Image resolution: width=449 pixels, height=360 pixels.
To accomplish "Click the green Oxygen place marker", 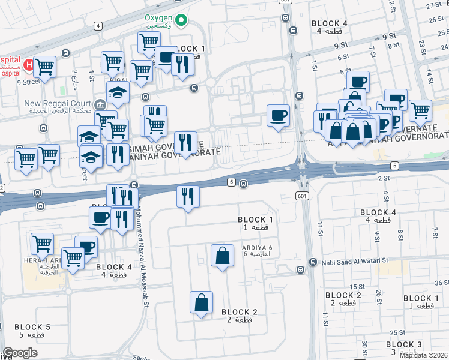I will [186, 23].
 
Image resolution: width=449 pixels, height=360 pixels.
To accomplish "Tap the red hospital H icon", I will [28, 64].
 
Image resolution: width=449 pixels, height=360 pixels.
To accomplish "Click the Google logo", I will [20, 353].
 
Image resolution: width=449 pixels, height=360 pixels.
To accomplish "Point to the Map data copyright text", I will [424, 355].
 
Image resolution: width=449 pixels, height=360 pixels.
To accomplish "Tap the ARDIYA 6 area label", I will [256, 250].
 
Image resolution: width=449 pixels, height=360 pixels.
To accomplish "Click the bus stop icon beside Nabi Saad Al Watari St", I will [313, 262].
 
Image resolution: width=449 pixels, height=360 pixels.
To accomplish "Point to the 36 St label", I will [441, 283].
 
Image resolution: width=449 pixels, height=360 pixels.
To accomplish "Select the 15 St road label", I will [358, 287].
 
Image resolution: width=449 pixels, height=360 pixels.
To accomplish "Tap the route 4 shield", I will [97, 26].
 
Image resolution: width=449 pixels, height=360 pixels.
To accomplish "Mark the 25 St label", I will [396, 332].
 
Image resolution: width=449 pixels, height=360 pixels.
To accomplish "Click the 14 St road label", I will [430, 75].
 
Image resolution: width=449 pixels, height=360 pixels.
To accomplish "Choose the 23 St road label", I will [422, 46].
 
